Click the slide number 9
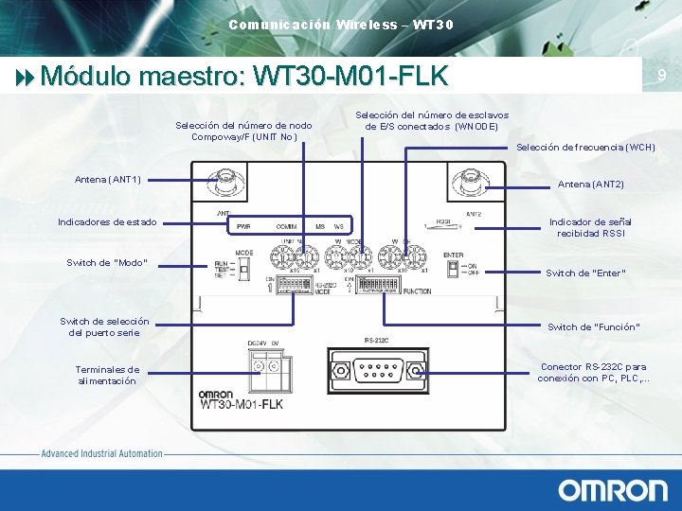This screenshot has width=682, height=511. pyautogui.click(x=662, y=75)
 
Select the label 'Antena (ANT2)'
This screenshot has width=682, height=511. pyautogui.click(x=590, y=184)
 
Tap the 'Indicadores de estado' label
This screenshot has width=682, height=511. pyautogui.click(x=107, y=222)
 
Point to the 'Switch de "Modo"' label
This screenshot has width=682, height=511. pyautogui.click(x=107, y=262)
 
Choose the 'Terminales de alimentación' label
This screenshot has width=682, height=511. pyautogui.click(x=107, y=375)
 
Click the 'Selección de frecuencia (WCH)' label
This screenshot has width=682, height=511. pyautogui.click(x=585, y=148)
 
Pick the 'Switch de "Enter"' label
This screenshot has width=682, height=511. pyautogui.click(x=585, y=273)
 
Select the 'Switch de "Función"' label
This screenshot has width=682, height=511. pyautogui.click(x=594, y=327)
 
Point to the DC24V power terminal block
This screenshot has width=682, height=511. pyautogui.click(x=261, y=365)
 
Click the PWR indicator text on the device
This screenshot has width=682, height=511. pyautogui.click(x=243, y=227)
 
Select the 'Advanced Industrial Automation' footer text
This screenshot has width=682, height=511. pyautogui.click(x=102, y=454)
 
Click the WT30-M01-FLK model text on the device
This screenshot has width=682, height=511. pyautogui.click(x=242, y=404)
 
